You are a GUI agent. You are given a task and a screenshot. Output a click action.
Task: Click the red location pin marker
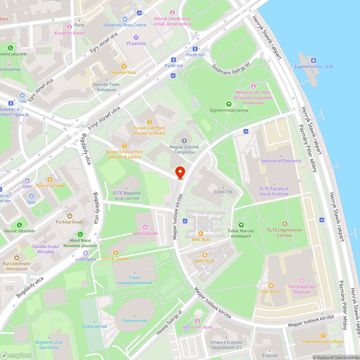tap(180, 172)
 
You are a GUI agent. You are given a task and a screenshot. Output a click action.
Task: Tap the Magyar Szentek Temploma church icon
tap(184, 140)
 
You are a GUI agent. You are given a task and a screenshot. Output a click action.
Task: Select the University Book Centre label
tap(125, 25)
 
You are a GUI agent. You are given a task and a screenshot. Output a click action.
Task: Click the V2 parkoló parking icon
tap(136, 37)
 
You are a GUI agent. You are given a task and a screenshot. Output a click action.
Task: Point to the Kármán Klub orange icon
tap(124, 66)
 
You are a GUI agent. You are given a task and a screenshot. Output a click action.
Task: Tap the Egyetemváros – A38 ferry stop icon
tap(313, 60)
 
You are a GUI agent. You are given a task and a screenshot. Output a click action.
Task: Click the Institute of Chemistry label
tap(281, 161)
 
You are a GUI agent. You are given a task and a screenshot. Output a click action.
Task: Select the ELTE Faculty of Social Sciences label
tap(274, 191)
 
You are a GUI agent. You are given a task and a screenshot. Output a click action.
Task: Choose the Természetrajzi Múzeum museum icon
tap(302, 280)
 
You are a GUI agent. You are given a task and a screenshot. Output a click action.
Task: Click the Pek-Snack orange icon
tap(271, 285)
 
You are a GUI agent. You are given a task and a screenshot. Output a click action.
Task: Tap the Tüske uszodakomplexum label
tap(134, 280)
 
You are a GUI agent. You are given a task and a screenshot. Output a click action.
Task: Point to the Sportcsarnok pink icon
tap(145, 227)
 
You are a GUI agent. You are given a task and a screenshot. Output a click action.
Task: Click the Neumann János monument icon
tap(197, 321)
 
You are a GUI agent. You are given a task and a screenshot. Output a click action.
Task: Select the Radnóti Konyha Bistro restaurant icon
tap(323, 335)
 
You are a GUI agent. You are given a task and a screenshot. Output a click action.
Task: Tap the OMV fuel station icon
tap(27, 181)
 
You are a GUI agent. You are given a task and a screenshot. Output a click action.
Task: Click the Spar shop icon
tap(31, 196)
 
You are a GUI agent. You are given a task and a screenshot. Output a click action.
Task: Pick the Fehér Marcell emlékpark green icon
tap(237, 225)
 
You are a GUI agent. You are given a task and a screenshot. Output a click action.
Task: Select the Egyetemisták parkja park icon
tap(228, 104)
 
